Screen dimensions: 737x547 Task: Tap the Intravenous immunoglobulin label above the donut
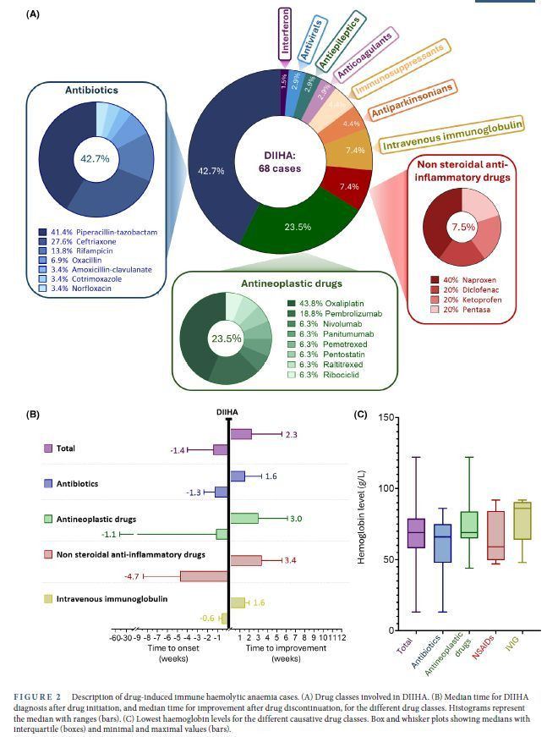point(450,135)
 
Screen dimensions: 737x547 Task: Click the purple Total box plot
point(415,533)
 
